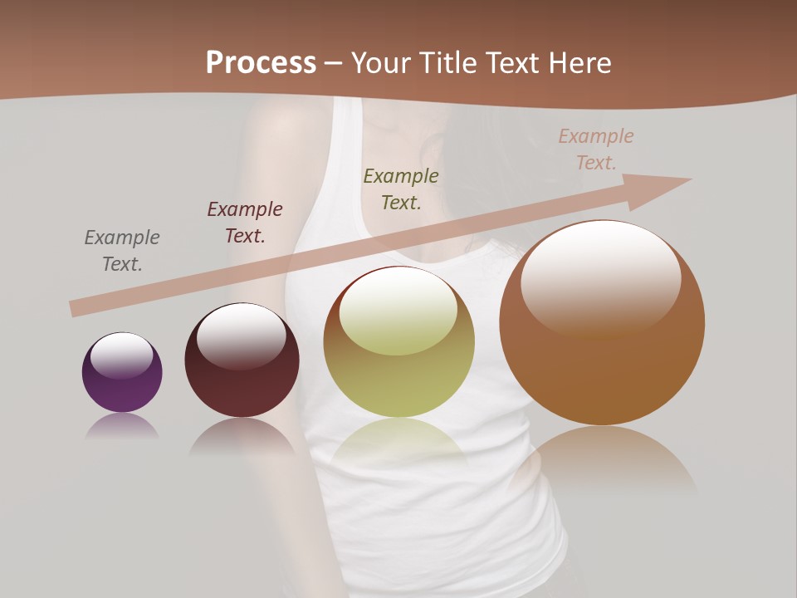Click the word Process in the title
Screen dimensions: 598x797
[261, 62]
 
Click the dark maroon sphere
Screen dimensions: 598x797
[242, 382]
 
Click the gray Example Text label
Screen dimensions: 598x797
[122, 251]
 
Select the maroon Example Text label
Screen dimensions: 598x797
[245, 223]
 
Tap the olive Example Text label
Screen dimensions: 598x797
[401, 189]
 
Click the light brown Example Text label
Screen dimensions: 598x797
[596, 149]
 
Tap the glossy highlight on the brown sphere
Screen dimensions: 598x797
[600, 274]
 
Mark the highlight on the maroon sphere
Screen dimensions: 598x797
[242, 334]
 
